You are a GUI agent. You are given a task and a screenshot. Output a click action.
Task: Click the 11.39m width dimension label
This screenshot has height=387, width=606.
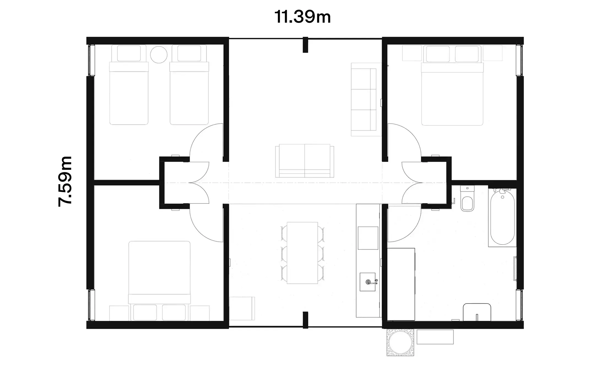(302, 17)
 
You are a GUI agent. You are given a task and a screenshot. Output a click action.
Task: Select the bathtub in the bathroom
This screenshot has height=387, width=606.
(502, 218)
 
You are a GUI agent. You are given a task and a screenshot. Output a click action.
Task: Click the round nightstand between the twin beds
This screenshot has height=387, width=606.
(159, 55)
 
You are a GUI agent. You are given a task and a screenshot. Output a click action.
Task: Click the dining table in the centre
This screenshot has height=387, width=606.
(302, 253)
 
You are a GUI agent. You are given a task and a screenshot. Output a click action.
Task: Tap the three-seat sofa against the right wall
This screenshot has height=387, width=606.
(364, 100)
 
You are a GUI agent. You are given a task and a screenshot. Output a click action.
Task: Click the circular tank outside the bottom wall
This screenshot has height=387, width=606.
(400, 342)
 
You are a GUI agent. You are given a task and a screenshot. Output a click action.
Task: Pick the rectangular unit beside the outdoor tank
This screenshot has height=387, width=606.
(435, 337)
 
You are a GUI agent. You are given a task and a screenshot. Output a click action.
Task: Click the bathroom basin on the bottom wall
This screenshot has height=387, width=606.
(477, 312)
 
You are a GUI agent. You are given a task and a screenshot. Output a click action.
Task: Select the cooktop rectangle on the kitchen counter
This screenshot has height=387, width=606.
(368, 238)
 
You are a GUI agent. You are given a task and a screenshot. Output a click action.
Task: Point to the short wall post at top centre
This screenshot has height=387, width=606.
(305, 45)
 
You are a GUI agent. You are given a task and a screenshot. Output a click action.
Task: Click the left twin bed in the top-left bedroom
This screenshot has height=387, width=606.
(129, 94)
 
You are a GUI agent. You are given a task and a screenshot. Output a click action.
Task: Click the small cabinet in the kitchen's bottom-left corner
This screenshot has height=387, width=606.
(242, 308)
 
